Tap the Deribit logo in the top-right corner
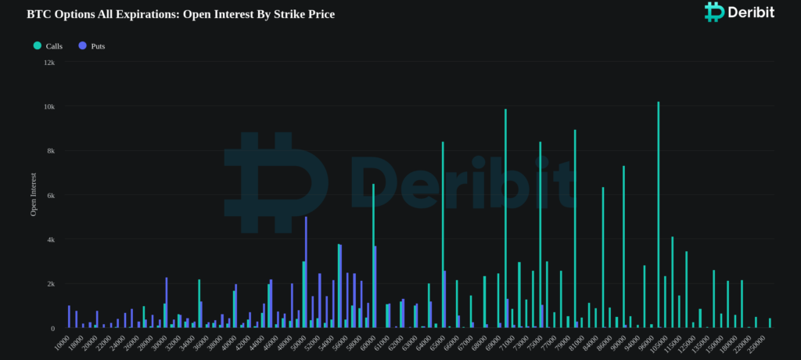(739, 12)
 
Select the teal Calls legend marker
(38, 45)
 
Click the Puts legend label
(98, 46)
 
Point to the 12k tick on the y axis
(49, 62)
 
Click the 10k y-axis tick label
(49, 106)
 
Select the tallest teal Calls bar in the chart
(659, 215)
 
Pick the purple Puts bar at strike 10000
(70, 317)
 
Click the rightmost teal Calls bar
(770, 323)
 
